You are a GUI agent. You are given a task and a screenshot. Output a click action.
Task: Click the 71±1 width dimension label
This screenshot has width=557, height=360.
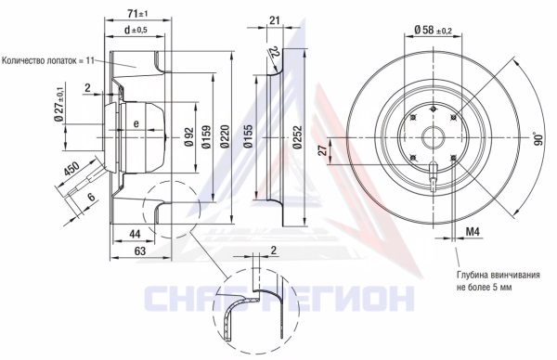coord(137,14)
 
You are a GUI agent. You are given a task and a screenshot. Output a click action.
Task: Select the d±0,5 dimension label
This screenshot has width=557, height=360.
coord(135,30)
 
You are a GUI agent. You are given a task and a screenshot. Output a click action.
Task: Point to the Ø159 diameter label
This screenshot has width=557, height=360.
coord(206,136)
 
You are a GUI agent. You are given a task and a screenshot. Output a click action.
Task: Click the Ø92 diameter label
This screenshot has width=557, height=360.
coord(188,136)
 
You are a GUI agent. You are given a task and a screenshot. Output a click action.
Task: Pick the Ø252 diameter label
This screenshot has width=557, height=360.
coord(297,137)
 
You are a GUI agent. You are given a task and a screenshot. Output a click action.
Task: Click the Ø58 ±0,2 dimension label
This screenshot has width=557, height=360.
coord(433,30)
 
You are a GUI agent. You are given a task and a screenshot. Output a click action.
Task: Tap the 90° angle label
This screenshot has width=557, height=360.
coord(538,138)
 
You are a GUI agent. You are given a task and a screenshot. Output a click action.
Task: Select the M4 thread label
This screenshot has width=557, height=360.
coord(473,232)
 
